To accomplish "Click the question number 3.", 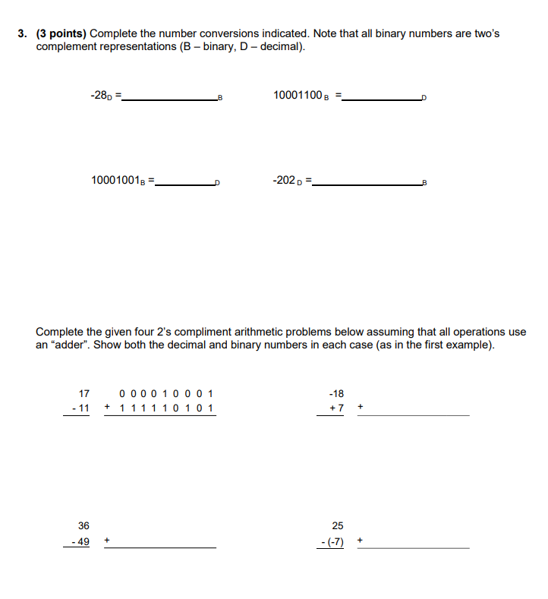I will pos(23,34).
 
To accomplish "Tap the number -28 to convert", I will pos(100,96).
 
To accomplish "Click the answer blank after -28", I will pos(169,98).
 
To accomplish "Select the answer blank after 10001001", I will pos(184,182).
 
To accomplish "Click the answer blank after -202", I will pos(370,182).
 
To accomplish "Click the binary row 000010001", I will pos(166,393).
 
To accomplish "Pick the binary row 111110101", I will pos(166,408).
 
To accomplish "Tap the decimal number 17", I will pos(84,393).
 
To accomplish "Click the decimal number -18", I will pos(336,393).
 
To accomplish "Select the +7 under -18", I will pos(336,408).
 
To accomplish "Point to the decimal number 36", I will pos(83,525).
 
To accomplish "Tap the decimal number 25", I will pos(338,525).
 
